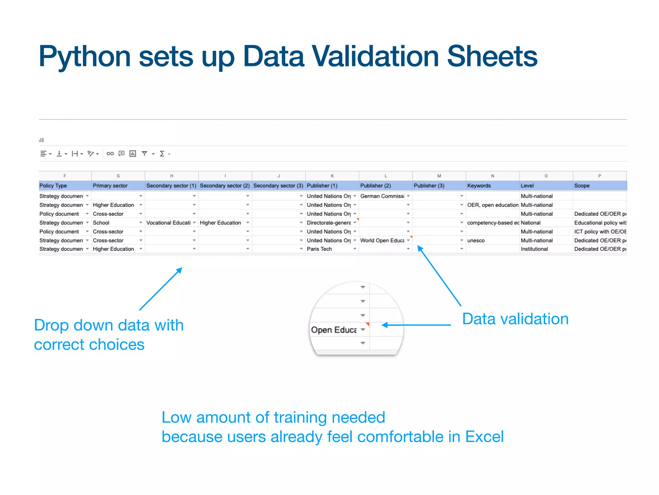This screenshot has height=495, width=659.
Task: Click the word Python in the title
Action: (x=85, y=57)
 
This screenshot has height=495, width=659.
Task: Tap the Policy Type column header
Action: (x=53, y=186)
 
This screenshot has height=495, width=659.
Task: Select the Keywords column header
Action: (x=479, y=186)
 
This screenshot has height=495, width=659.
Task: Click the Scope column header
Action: (x=582, y=186)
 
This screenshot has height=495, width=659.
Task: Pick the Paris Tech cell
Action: (x=319, y=249)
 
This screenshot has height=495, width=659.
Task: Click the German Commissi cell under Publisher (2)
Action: (x=382, y=196)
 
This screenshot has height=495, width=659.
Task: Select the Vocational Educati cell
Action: (x=168, y=223)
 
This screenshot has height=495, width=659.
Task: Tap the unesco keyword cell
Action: (x=476, y=240)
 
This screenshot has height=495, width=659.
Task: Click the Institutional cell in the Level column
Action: (x=534, y=249)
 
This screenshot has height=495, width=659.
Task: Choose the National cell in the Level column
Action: (x=531, y=223)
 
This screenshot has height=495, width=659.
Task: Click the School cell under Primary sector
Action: (x=101, y=223)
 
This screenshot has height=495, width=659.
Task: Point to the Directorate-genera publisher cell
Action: (x=329, y=223)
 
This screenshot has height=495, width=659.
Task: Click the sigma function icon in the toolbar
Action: (x=162, y=154)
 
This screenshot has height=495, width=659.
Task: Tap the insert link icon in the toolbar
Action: (x=110, y=154)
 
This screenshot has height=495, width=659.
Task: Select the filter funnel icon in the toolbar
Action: (x=144, y=154)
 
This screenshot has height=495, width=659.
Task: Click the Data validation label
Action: (x=515, y=319)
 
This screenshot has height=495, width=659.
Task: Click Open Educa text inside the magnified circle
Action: (x=334, y=330)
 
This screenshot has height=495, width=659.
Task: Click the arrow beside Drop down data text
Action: (x=161, y=289)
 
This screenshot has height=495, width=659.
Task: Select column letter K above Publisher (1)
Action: (x=332, y=176)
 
